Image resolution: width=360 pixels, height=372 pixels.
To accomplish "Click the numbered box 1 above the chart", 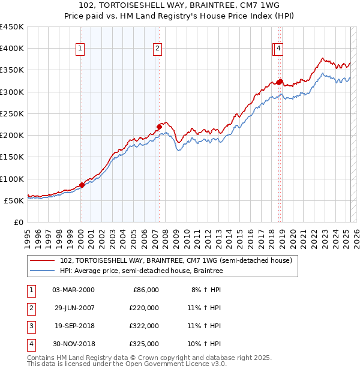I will (x=80, y=49).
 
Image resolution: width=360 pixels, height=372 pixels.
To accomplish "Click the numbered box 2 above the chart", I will (x=157, y=49).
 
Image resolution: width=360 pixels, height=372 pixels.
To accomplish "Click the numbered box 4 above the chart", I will (x=280, y=49).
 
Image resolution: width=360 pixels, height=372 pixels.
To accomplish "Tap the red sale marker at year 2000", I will (x=82, y=185).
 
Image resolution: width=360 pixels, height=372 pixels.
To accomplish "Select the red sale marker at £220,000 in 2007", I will (x=159, y=127).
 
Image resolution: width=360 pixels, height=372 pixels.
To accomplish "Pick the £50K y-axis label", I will (x=14, y=200).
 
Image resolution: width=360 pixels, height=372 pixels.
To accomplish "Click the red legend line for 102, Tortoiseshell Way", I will (x=43, y=260).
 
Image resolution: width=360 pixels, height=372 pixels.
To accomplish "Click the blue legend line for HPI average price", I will (x=43, y=271).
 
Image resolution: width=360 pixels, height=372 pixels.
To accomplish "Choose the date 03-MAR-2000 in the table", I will (x=73, y=289).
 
